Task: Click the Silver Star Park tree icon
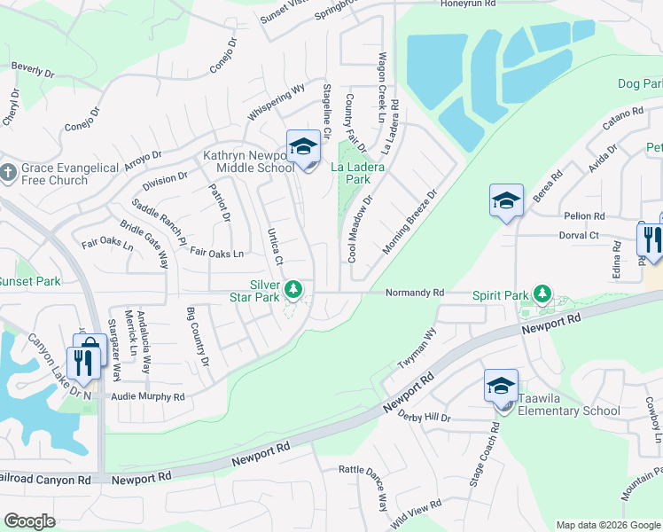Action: pyautogui.click(x=293, y=289)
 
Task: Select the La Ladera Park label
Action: pyautogui.click(x=350, y=172)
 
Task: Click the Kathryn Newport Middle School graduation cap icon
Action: pyautogui.click(x=303, y=147)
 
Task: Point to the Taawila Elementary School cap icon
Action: pyautogui.click(x=501, y=387)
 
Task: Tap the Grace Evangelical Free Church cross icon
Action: pyautogui.click(x=8, y=174)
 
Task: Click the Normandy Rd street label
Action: pyautogui.click(x=414, y=292)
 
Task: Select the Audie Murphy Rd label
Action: pyautogui.click(x=146, y=397)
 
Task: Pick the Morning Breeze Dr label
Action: pyautogui.click(x=411, y=223)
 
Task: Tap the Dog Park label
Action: pyautogui.click(x=640, y=84)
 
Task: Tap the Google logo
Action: pyautogui.click(x=29, y=521)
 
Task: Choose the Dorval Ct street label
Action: pyautogui.click(x=580, y=236)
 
